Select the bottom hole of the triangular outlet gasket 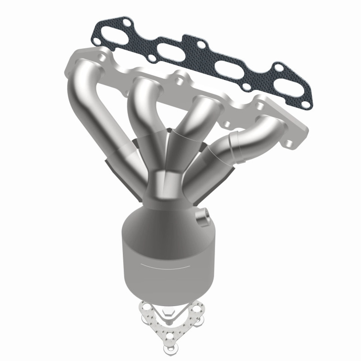click(x=169, y=337)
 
